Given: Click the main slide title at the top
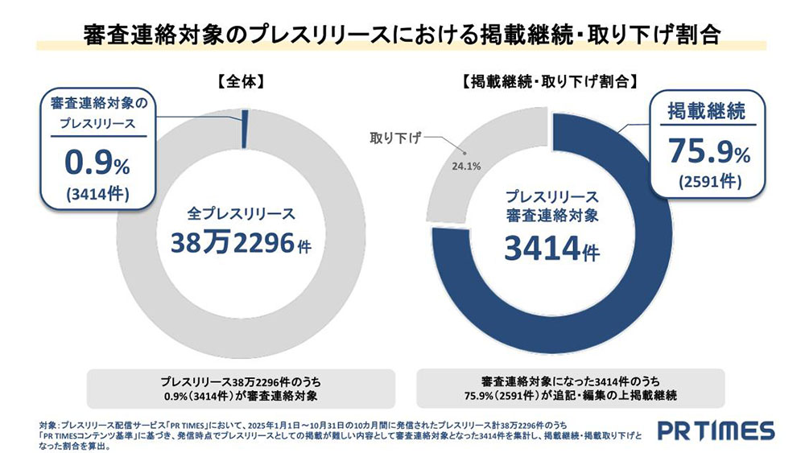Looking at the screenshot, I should pyautogui.click(x=402, y=35).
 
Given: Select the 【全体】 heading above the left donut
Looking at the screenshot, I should pyautogui.click(x=240, y=81).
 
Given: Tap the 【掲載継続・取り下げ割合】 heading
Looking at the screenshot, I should pyautogui.click(x=551, y=81).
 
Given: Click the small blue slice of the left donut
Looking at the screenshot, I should pyautogui.click(x=244, y=129).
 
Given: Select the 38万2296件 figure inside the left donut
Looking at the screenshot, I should pyautogui.click(x=241, y=243).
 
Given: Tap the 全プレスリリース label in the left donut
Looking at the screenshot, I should pyautogui.click(x=241, y=214).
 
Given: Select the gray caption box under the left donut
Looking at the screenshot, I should pyautogui.click(x=241, y=388).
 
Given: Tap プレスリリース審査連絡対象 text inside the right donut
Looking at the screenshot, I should pyautogui.click(x=551, y=206).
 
